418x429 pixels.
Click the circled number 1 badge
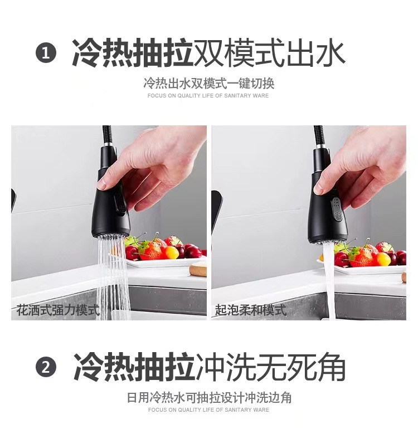[46, 54]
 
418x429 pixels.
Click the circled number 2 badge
[46, 368]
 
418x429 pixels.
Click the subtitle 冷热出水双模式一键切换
[208, 84]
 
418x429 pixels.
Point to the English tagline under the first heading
[208, 96]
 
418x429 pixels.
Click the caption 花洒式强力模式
[57, 310]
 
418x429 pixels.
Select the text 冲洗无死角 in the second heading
[271, 368]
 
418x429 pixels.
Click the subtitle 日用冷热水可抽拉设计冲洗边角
[208, 398]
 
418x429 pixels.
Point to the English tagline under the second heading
[208, 410]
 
